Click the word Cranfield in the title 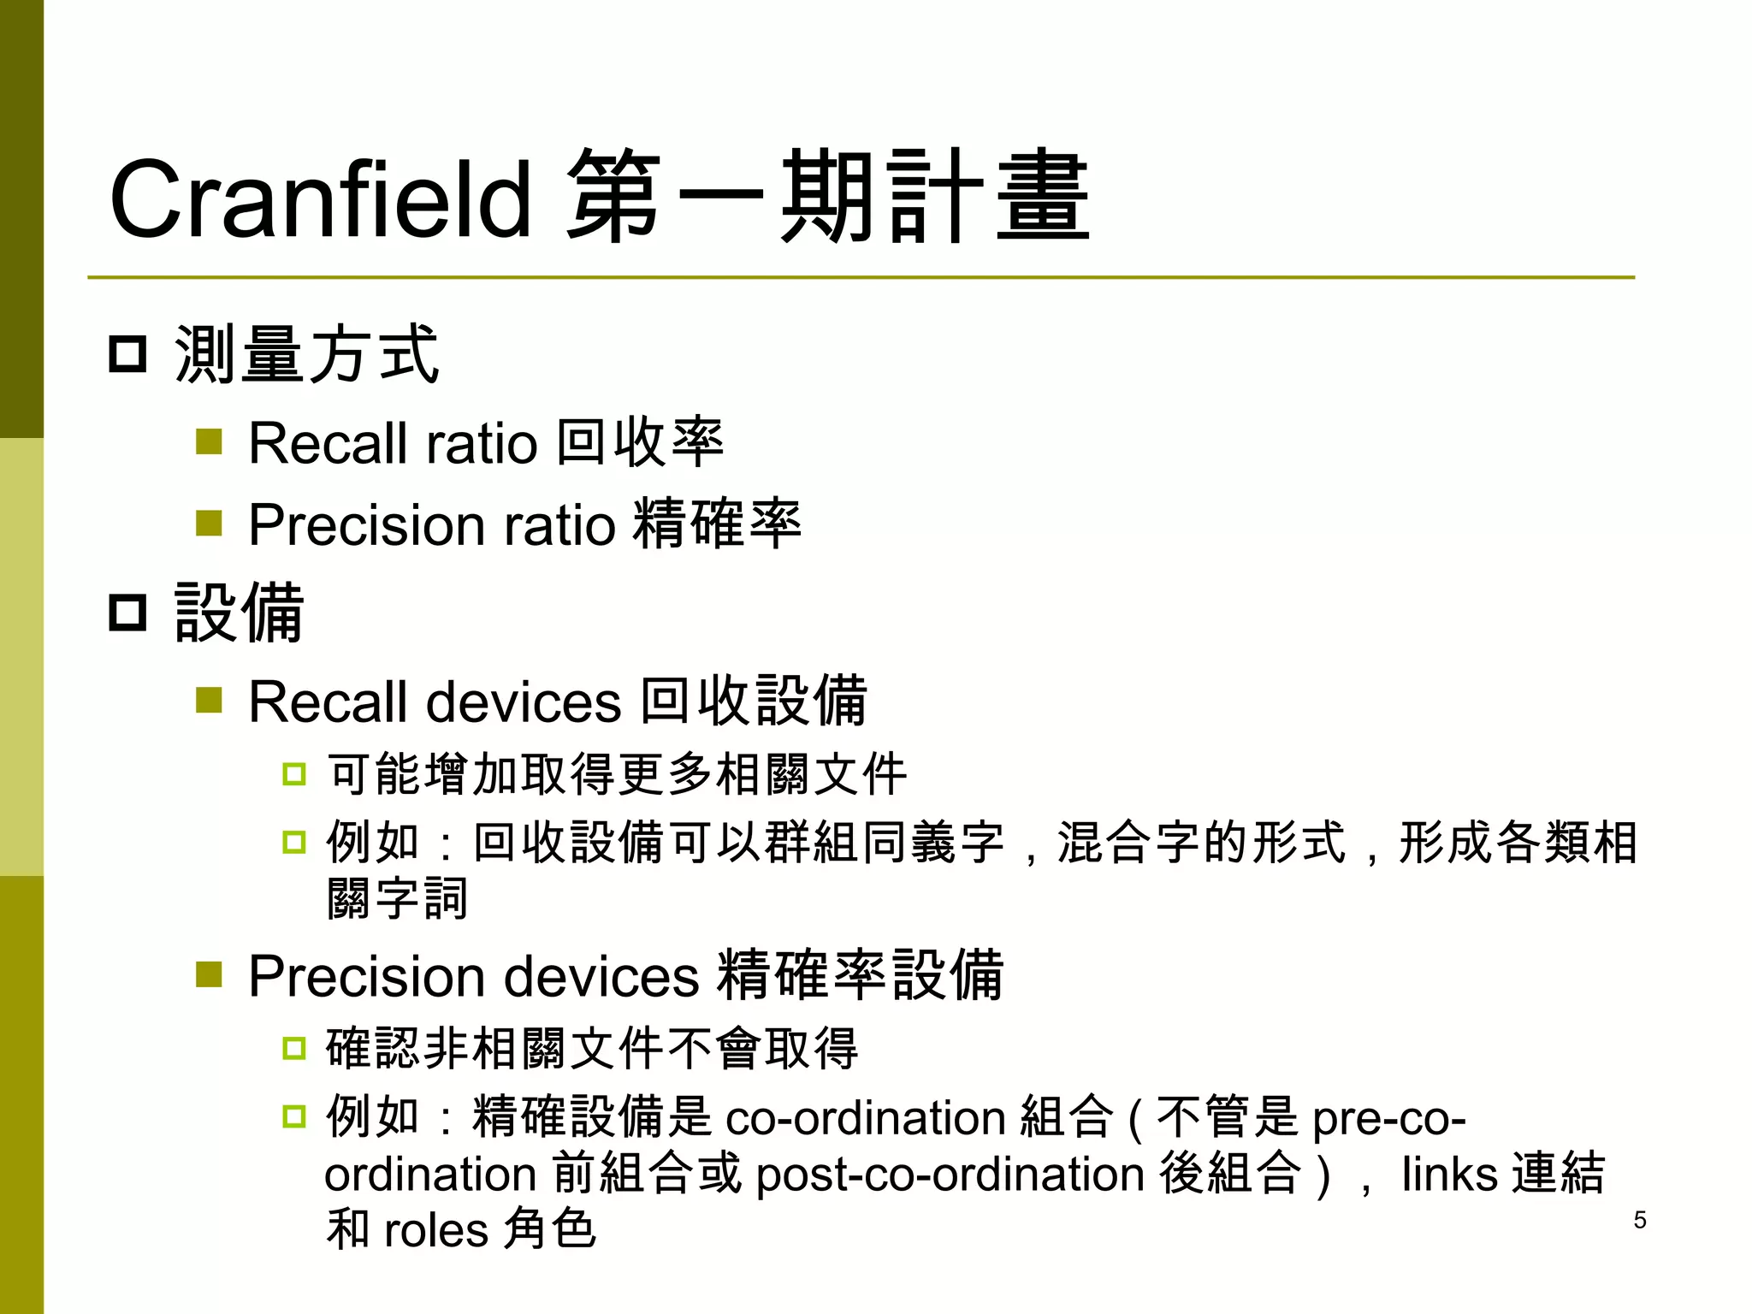320,200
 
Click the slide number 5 1639,1220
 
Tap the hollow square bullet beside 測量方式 128,354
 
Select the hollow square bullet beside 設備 128,613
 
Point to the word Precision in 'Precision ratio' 366,524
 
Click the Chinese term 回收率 640,442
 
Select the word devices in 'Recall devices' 524,702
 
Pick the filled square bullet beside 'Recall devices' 209,701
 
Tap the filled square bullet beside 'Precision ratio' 209,523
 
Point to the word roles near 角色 435,1230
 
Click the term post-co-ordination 950,1175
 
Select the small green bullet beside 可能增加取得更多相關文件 294,774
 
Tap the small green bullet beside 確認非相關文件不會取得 294,1048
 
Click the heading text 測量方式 306,354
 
